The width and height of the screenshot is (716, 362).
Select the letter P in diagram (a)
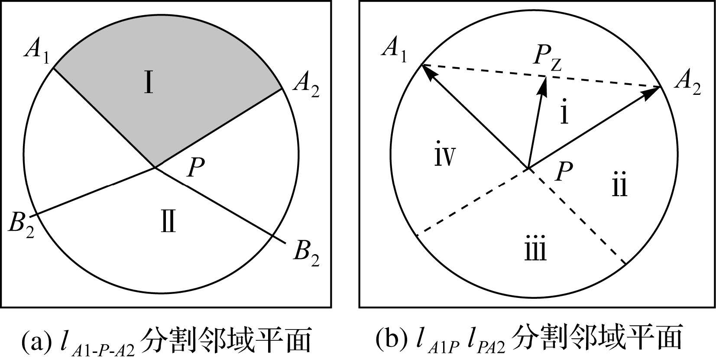[196, 168]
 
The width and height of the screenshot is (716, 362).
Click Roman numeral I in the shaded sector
[149, 84]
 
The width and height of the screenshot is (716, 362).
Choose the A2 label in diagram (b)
[687, 83]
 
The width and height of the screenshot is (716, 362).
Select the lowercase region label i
[564, 114]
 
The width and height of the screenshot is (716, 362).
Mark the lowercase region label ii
[620, 186]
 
